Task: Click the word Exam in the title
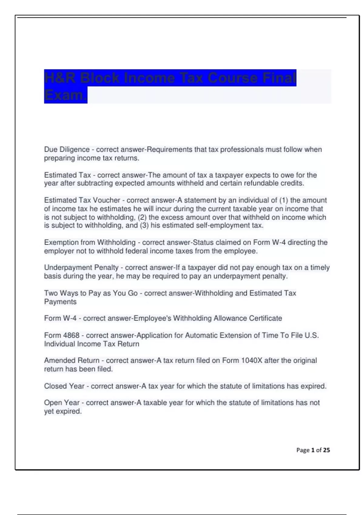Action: coord(64,95)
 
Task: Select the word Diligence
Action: coord(75,149)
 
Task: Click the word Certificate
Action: coord(265,318)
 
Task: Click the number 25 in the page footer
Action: coord(326,450)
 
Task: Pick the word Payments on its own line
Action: coord(60,302)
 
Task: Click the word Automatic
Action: coord(201,335)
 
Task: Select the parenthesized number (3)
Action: coord(144,225)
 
